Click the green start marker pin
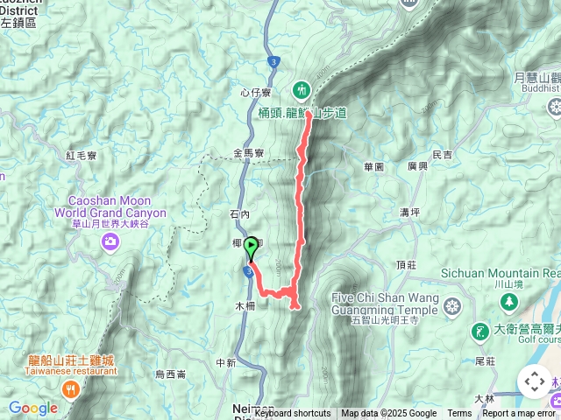coord(251,248)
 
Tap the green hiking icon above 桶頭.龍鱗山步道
coord(302,88)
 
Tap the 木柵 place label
coord(245,306)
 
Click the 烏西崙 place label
coord(170,374)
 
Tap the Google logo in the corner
coord(32,408)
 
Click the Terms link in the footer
coord(459,414)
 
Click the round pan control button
coord(533,381)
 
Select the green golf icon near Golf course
coord(479,331)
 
